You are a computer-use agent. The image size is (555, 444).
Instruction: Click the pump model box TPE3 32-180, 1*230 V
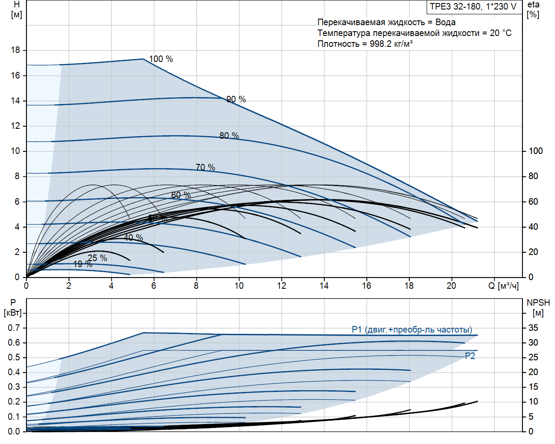[473, 7]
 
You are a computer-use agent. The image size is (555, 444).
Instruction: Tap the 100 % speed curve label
[161, 59]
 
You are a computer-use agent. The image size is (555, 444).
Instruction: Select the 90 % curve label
[236, 99]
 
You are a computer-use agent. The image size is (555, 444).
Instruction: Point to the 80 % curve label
[229, 136]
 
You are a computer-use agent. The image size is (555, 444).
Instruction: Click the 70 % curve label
[205, 167]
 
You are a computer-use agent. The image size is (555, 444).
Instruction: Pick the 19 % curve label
[82, 264]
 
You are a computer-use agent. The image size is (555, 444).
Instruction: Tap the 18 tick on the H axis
[16, 50]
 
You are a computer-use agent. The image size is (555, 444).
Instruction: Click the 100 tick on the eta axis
[535, 151]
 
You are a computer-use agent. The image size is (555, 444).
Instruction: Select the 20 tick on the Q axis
[451, 286]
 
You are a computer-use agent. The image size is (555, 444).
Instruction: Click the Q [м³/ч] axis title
[503, 286]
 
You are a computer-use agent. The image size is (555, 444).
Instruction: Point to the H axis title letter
[16, 5]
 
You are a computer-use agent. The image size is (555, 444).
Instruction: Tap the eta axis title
[533, 5]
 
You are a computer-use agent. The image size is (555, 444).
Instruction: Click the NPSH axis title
[538, 303]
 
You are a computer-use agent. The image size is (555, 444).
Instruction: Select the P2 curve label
[470, 356]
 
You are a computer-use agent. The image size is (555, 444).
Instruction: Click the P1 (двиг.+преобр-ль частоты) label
[412, 330]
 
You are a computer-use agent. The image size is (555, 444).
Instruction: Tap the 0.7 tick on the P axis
[14, 328]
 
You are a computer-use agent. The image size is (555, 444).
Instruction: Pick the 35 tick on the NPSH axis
[533, 328]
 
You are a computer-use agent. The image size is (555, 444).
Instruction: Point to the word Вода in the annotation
[445, 22]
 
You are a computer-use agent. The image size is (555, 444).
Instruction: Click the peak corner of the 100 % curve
[143, 59]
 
